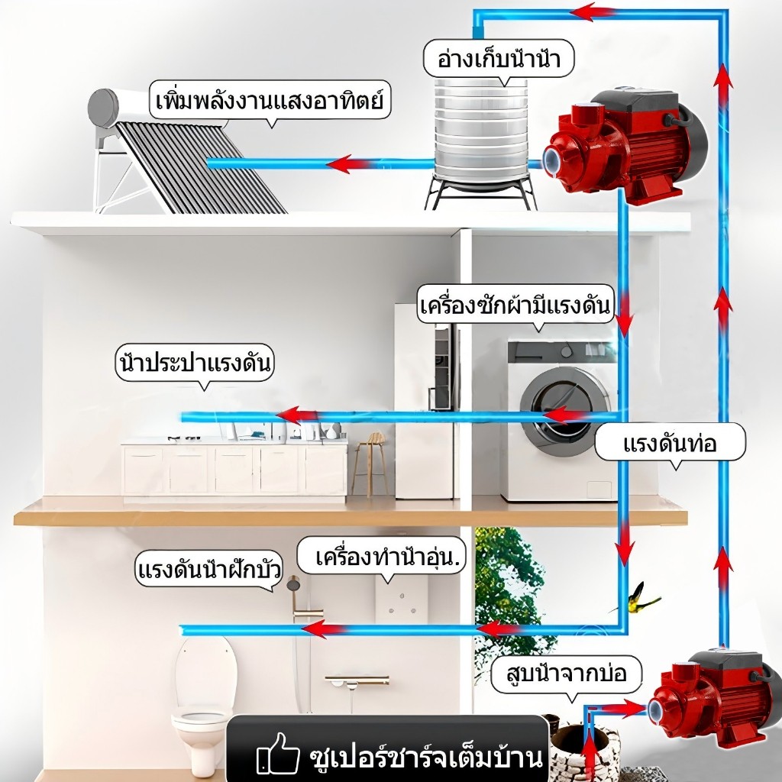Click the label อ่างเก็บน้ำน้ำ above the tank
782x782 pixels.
point(499,59)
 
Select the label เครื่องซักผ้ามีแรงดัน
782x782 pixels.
point(515,305)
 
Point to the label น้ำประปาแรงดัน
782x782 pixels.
point(195,363)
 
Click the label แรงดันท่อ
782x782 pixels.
point(670,443)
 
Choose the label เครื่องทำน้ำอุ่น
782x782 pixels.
point(387,556)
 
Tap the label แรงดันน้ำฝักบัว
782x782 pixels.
point(209,569)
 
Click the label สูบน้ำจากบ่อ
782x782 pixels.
point(566,674)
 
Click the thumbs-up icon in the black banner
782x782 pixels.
point(277,753)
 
